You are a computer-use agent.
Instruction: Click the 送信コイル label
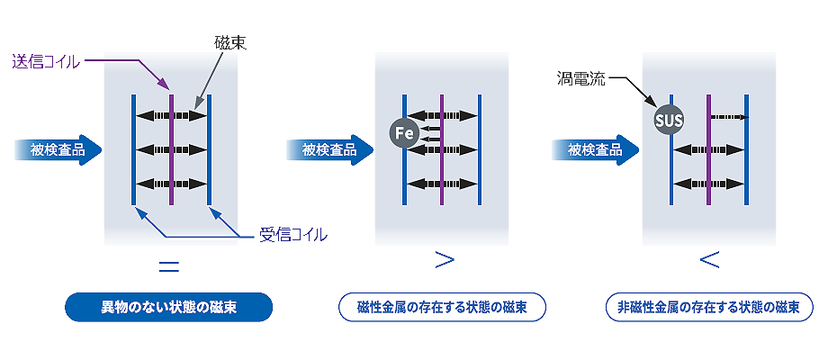click(x=45, y=61)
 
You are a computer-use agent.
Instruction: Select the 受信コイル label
click(x=292, y=235)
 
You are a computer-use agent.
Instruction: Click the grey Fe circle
click(x=404, y=134)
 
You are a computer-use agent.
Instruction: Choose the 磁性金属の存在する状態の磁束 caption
click(x=443, y=307)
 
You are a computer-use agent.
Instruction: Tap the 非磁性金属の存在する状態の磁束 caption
click(x=709, y=307)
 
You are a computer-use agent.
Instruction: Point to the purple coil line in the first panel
click(x=171, y=149)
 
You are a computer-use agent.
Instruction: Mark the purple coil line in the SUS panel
click(x=709, y=149)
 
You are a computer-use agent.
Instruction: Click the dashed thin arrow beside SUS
click(x=729, y=117)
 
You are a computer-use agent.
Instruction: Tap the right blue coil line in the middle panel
click(x=480, y=149)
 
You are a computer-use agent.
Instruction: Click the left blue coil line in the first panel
click(x=133, y=149)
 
